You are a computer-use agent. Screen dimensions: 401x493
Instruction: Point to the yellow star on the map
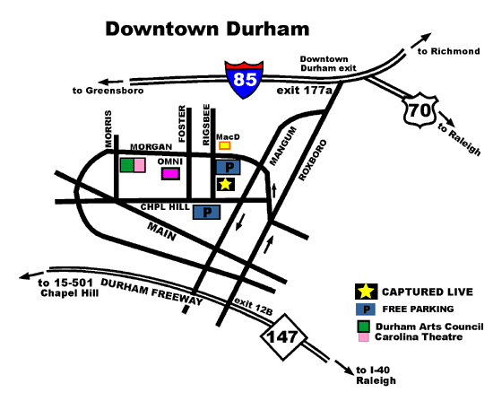pyautogui.click(x=226, y=184)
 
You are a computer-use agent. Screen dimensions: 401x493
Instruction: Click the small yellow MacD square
pyautogui.click(x=225, y=144)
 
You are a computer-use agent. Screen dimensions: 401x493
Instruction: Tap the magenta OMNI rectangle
pyautogui.click(x=170, y=174)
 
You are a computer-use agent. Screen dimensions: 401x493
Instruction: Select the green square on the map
pyautogui.click(x=127, y=165)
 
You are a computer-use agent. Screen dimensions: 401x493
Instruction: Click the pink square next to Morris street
pyautogui.click(x=140, y=165)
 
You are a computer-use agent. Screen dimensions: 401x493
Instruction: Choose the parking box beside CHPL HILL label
pyautogui.click(x=208, y=213)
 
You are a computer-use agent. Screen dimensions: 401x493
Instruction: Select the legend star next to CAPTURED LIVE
pyautogui.click(x=365, y=291)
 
